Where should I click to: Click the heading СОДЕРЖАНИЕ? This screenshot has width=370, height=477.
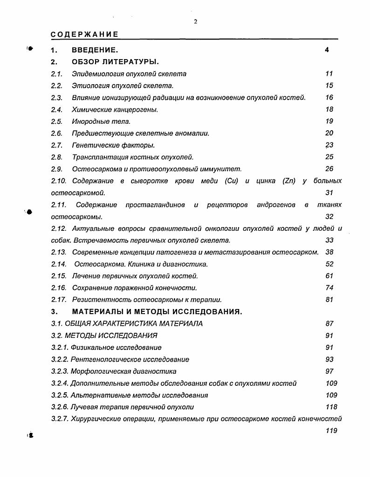click(x=84, y=34)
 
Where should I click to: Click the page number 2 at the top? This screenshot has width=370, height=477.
click(x=196, y=21)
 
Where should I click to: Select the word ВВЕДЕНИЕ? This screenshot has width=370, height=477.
click(x=95, y=50)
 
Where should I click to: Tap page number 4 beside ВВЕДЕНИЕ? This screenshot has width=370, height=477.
click(x=327, y=50)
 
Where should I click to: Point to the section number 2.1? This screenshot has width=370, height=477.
click(x=56, y=74)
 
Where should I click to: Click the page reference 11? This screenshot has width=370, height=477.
click(x=329, y=74)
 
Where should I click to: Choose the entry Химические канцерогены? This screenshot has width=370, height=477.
click(x=115, y=109)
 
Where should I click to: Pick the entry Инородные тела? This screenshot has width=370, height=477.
click(x=101, y=121)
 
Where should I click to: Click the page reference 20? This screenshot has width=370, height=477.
click(x=329, y=133)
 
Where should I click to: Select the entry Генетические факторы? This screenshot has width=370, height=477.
click(x=113, y=145)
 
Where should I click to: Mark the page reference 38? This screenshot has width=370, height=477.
click(x=329, y=252)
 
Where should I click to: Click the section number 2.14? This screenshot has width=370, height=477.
click(x=59, y=264)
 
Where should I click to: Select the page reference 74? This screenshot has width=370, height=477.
click(x=329, y=288)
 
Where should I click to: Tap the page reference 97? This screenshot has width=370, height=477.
click(x=329, y=371)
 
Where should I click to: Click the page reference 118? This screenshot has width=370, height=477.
click(x=331, y=407)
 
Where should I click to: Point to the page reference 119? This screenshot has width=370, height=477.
click(x=331, y=431)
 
